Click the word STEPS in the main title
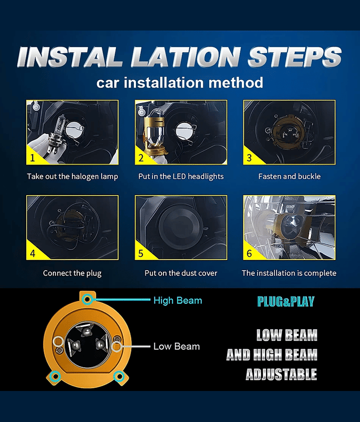pos(295,57)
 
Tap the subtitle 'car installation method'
pos(180,83)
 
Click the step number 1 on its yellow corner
pos(33,158)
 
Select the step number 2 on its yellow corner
pos(141,158)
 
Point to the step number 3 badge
pos(249,158)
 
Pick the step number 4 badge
pos(33,254)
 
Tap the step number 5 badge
pos(141,254)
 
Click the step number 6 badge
pos(249,254)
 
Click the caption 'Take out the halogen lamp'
pos(72,177)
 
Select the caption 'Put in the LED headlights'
pos(181,177)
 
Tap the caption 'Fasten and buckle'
pos(289,176)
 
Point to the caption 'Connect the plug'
pos(72,273)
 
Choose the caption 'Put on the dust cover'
pos(181,273)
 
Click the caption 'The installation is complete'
pos(289,273)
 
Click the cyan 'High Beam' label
pos(178,300)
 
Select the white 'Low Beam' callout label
pos(177,347)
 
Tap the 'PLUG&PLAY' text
pos(286,302)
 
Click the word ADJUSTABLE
pos(281,375)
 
